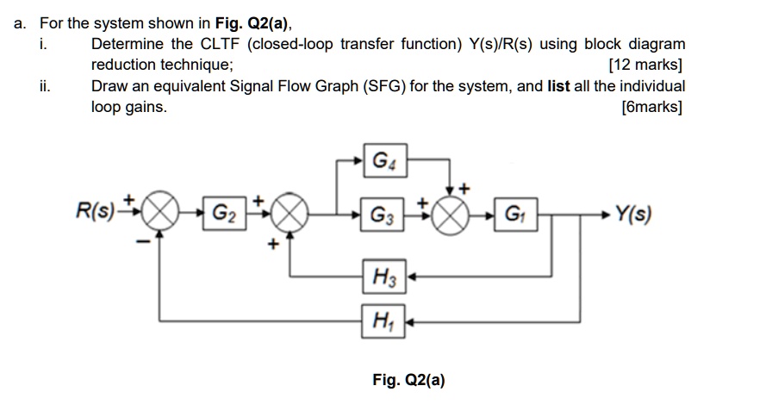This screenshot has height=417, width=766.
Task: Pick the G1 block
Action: (514, 213)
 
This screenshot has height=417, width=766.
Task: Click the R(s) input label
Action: (95, 211)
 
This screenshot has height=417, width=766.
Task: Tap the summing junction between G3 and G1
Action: (450, 213)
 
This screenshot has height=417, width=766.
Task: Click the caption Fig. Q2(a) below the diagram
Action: (408, 379)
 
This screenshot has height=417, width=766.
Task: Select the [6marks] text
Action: (651, 108)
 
